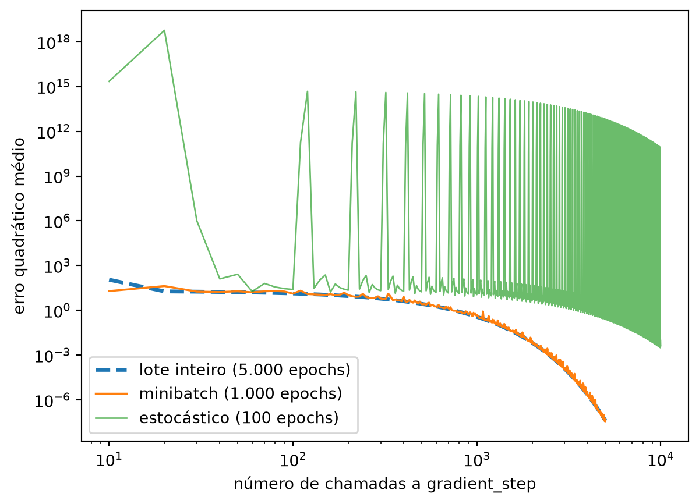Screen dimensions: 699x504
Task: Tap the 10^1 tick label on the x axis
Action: pos(109,460)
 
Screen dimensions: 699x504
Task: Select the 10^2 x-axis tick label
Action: pos(292,460)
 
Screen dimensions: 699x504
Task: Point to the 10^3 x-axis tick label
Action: pos(477,460)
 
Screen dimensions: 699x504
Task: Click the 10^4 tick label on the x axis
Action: pos(661,460)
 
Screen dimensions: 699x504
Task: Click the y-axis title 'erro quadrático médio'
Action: pos(19,226)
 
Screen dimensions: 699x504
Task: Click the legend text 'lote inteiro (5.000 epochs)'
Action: pos(245,370)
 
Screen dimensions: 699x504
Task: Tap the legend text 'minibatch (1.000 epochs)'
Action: pos(241,393)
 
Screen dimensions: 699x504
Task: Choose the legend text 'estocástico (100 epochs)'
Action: pos(239,418)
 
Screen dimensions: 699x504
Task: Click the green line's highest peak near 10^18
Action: pos(164,30)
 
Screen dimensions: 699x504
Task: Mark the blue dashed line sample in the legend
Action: pos(111,370)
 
